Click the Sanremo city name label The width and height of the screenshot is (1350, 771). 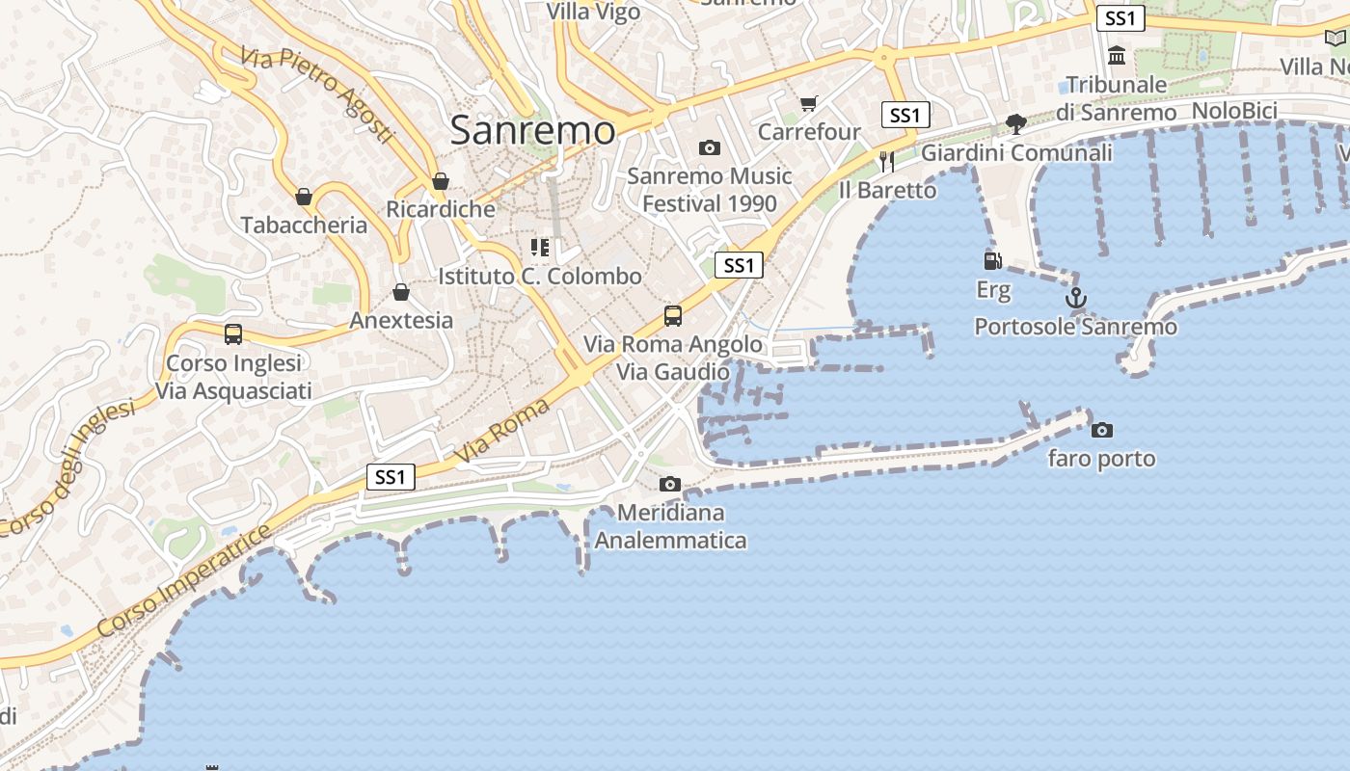532,130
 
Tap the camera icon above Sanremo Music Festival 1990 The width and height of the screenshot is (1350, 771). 710,147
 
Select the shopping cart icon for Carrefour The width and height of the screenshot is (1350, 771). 808,104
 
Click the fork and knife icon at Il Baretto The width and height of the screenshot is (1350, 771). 886,161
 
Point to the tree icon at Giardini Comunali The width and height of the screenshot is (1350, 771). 1015,123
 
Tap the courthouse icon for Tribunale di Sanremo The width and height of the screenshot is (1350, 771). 1117,56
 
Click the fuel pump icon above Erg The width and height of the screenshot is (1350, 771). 992,260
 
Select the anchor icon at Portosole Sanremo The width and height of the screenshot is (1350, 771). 1075,298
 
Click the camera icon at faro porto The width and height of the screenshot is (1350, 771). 1101,430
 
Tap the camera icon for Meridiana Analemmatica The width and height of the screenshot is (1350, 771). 670,484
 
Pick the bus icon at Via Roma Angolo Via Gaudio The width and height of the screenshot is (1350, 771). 673,315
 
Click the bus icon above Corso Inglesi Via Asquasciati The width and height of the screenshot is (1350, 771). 233,334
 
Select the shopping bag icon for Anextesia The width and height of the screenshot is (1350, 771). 401,292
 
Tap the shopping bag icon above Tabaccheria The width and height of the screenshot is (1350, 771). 304,197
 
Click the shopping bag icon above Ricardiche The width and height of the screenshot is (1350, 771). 441,181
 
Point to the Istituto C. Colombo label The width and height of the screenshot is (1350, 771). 540,277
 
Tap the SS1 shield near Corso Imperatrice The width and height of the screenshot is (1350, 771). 391,476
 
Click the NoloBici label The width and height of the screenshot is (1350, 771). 1234,111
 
